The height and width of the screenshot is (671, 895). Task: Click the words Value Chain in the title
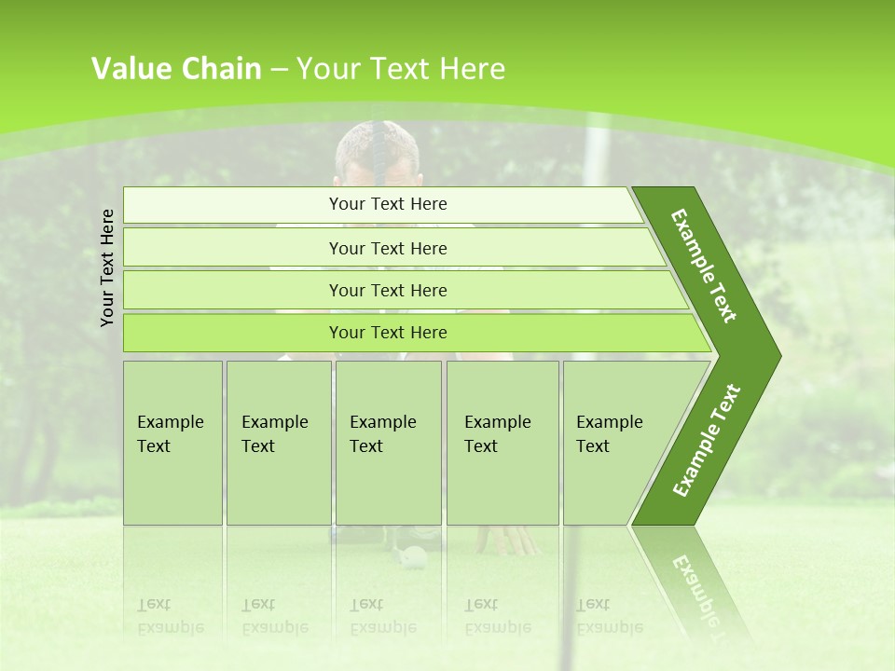tap(176, 69)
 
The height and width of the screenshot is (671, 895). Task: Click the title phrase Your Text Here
tap(401, 69)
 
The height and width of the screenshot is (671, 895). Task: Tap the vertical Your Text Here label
tap(107, 267)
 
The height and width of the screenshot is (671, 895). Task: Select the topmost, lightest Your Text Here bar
tap(388, 204)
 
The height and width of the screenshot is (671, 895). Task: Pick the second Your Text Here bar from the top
tap(388, 248)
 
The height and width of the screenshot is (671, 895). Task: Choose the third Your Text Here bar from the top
tap(388, 290)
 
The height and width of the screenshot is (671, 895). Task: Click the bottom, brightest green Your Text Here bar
tap(388, 333)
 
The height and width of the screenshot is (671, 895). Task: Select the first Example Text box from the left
tap(172, 443)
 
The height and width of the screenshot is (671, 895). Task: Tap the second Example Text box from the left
tap(278, 443)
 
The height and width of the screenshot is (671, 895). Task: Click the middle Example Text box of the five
tap(388, 443)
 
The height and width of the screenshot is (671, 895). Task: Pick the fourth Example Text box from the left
tap(503, 443)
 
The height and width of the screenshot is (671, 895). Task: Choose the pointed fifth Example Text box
tap(615, 443)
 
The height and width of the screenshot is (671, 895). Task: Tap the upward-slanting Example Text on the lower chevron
tap(707, 440)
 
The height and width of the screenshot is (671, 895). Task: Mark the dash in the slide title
tap(279, 69)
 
